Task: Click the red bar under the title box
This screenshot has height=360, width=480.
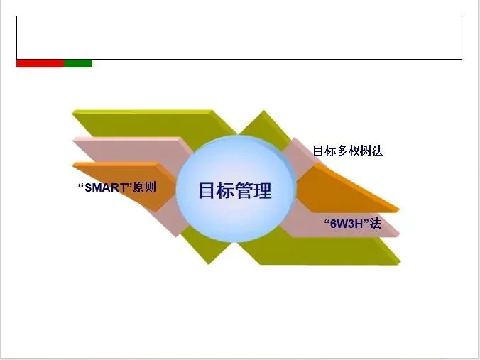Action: pyautogui.click(x=40, y=63)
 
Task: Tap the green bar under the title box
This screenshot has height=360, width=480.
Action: pyautogui.click(x=78, y=63)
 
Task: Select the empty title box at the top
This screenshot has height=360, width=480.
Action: pyautogui.click(x=239, y=37)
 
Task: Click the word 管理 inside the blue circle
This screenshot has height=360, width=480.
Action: pyautogui.click(x=253, y=190)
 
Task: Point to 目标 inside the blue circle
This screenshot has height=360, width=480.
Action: pyautogui.click(x=216, y=190)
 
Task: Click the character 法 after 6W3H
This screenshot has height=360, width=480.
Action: pyautogui.click(x=376, y=224)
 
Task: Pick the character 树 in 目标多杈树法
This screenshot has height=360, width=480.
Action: pyautogui.click(x=366, y=151)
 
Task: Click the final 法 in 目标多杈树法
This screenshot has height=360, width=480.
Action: pyautogui.click(x=378, y=151)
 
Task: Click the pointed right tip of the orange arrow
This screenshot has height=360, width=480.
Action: pyautogui.click(x=397, y=210)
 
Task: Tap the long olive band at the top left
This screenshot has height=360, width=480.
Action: pyautogui.click(x=142, y=121)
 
